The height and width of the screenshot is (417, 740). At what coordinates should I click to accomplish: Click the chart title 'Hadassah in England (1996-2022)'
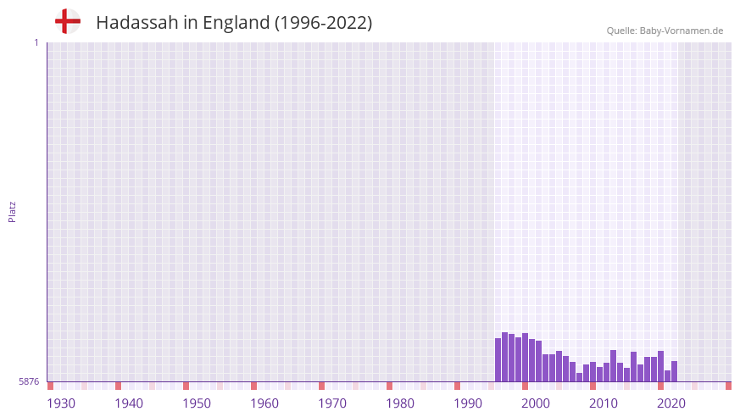click(234, 23)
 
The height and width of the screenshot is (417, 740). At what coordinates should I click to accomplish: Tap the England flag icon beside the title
click(68, 21)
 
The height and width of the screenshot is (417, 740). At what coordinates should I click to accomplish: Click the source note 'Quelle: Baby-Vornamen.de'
click(665, 31)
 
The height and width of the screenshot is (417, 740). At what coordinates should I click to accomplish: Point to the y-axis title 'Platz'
click(12, 211)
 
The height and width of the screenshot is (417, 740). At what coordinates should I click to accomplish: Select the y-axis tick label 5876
click(29, 382)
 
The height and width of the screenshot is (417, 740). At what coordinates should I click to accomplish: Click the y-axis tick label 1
click(36, 42)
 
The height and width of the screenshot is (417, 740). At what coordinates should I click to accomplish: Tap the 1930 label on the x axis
click(61, 403)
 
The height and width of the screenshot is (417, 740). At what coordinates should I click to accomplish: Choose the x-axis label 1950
click(197, 403)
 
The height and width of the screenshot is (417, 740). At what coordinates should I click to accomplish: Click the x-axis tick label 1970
click(332, 403)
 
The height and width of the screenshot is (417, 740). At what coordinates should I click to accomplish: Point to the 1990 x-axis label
click(468, 403)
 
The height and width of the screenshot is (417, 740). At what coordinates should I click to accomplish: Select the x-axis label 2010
click(604, 403)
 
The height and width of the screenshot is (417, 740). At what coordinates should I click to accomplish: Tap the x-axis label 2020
click(671, 403)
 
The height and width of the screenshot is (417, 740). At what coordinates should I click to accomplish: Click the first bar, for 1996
click(498, 360)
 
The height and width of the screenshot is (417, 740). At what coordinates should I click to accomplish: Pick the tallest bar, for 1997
click(505, 357)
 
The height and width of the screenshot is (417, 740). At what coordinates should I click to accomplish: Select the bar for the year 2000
click(526, 358)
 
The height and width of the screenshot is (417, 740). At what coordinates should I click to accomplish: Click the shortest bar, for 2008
click(580, 377)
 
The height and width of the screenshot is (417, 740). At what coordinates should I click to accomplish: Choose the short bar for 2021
click(668, 376)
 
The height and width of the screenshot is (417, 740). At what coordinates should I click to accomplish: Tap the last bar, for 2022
click(675, 371)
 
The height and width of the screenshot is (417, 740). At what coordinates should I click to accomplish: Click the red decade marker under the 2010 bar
click(593, 386)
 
